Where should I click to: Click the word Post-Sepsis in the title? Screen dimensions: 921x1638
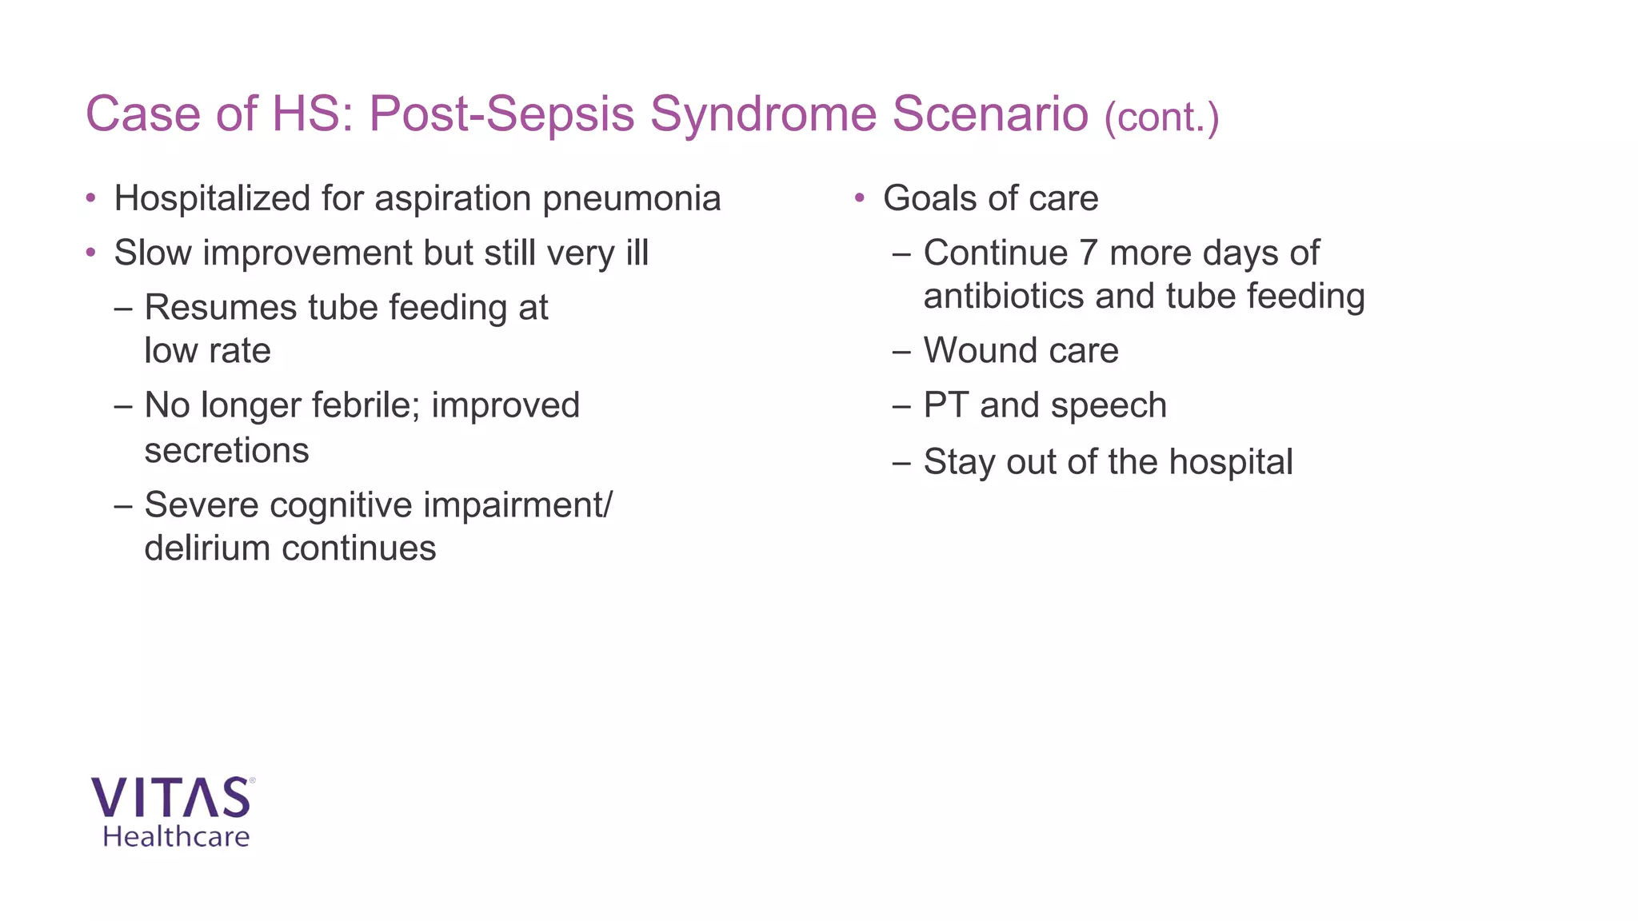click(501, 114)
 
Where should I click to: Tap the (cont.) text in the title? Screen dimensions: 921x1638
click(1161, 118)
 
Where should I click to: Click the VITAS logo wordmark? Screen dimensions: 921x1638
click(171, 798)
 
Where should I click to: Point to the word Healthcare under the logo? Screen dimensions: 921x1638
click(176, 837)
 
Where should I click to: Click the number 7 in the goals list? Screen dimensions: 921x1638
click(1089, 253)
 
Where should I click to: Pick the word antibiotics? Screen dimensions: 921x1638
click(1004, 297)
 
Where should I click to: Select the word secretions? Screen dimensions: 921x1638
click(226, 451)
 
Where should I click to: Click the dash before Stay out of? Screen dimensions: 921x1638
click(901, 462)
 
